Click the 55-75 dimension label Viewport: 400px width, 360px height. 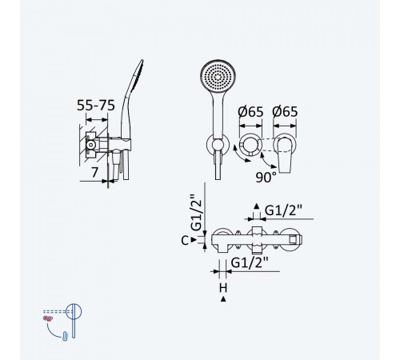click(96, 106)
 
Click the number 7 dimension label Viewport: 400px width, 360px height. click(94, 172)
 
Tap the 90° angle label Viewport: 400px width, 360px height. click(266, 178)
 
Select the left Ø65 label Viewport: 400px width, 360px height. click(250, 112)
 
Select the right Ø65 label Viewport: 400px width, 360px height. click(285, 112)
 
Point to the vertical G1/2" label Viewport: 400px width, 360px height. click(197, 213)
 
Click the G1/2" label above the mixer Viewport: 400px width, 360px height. click(283, 210)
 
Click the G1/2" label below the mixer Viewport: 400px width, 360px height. click(250, 263)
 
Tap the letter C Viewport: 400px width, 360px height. click(185, 241)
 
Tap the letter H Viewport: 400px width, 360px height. click(223, 288)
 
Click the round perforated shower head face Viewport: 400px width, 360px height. click(218, 77)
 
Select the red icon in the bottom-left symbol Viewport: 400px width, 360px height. click(48, 318)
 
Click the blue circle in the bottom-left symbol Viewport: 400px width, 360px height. click(74, 311)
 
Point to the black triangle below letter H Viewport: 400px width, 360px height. click(223, 299)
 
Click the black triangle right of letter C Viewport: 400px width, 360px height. click(194, 240)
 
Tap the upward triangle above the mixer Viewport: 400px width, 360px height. click(257, 206)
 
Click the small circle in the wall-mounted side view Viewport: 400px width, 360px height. click(91, 145)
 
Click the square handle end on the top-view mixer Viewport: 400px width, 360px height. click(293, 240)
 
